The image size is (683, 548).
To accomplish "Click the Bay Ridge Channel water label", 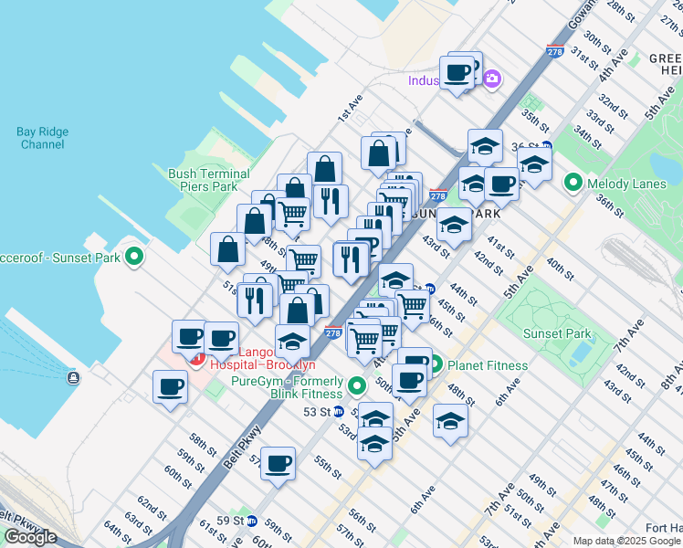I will pos(41,138).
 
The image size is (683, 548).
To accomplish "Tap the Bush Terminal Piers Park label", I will pos(208,180).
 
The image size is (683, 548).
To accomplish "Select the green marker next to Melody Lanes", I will pos(573,184).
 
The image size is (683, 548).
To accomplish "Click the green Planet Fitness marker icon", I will pos(436,365).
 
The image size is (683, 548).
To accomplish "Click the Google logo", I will pos(30,537).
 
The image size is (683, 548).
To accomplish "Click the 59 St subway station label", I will pos(232,521).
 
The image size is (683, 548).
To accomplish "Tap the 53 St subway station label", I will pos(316,412).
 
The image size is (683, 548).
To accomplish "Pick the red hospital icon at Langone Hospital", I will pos(195,358).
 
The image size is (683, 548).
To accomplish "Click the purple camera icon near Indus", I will pos(492,79).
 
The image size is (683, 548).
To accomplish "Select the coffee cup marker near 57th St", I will pos(278,463).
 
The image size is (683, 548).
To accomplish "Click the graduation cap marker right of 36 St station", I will pos(534,163).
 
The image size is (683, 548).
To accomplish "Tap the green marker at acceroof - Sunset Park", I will pos(135,258).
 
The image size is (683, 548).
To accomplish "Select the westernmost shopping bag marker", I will pos(227,249).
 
